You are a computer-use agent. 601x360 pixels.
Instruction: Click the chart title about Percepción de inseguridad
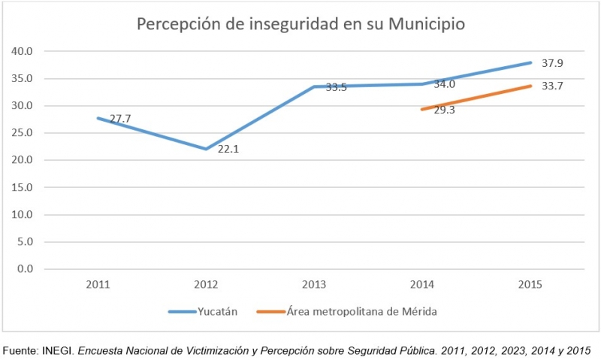[300, 24]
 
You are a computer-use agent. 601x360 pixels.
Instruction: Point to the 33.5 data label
[336, 87]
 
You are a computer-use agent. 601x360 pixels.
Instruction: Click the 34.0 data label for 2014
[444, 84]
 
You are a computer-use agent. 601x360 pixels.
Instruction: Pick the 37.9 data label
[552, 64]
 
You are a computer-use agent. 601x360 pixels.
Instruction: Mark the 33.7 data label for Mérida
[552, 86]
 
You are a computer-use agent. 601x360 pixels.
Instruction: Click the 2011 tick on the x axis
[98, 285]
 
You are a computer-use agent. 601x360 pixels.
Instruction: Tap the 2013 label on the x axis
[314, 285]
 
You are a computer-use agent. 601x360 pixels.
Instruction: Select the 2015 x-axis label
[530, 285]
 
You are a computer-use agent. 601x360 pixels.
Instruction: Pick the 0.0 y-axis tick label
[24, 268]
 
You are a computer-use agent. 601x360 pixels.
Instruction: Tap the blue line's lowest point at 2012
[206, 149]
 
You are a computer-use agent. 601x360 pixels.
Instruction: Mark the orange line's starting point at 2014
[422, 109]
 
